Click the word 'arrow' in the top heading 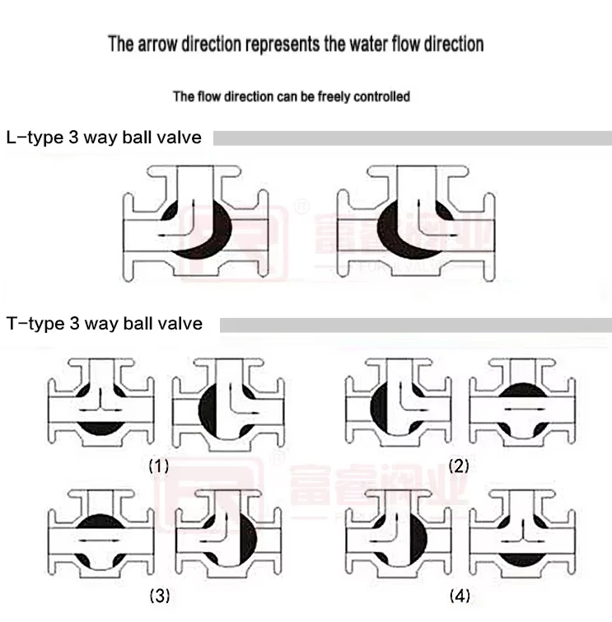click(x=154, y=44)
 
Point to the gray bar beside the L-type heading click(x=412, y=138)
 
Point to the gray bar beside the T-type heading click(x=415, y=324)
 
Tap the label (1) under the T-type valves click(x=158, y=465)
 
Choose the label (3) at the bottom click(x=159, y=594)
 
